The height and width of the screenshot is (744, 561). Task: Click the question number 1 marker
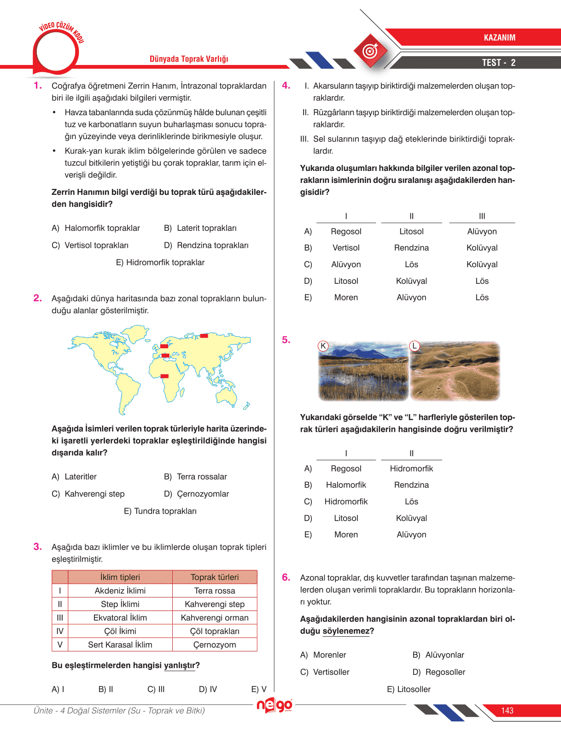tap(37, 86)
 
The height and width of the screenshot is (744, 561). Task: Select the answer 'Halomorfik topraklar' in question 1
tap(102, 228)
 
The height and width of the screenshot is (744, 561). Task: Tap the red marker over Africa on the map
tap(164, 376)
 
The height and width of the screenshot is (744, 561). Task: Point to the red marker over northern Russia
tap(204, 335)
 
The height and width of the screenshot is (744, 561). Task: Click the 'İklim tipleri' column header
tap(120, 577)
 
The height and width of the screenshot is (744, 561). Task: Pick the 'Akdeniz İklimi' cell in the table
tap(120, 591)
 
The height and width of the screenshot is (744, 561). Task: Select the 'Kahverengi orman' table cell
tap(214, 618)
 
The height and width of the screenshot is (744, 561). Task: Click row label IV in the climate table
tap(60, 631)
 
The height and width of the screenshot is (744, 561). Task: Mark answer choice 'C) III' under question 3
tap(156, 689)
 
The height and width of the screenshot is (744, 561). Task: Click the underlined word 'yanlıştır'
tap(179, 666)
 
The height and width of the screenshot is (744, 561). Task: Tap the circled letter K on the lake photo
tap(323, 346)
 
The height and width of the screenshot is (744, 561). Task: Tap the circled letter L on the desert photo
tap(415, 346)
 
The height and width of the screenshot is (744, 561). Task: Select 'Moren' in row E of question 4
tap(346, 298)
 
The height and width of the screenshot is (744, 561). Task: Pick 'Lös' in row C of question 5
tap(411, 502)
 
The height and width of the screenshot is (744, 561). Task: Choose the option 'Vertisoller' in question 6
tap(331, 672)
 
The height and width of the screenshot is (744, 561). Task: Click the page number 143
tap(507, 711)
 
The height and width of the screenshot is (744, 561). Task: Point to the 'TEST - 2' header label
tap(498, 63)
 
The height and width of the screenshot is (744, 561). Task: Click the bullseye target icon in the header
tap(370, 51)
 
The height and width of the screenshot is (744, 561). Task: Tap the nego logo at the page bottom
tap(275, 705)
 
